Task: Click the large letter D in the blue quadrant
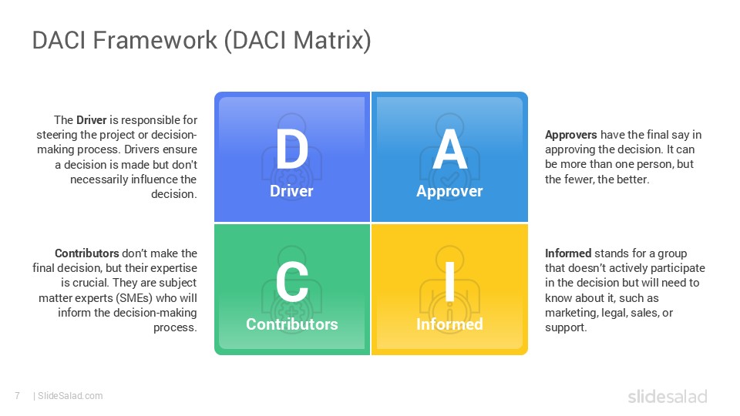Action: [291, 149]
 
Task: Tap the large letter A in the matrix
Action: [449, 149]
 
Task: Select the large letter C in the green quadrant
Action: [291, 283]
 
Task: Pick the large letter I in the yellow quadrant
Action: [449, 283]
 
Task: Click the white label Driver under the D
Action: [291, 191]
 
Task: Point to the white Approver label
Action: [449, 191]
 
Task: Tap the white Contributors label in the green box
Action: [291, 324]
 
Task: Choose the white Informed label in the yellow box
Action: [449, 324]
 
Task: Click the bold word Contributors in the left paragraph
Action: [86, 253]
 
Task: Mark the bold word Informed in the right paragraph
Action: [567, 253]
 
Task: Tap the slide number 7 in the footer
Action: [17, 396]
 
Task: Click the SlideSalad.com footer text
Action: [70, 396]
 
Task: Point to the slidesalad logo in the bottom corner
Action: [667, 397]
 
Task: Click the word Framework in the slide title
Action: [155, 41]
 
